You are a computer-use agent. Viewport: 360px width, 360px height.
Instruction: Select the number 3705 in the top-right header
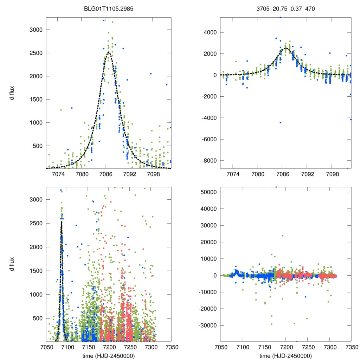(x=263, y=10)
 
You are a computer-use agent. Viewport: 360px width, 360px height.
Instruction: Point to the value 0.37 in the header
(x=295, y=10)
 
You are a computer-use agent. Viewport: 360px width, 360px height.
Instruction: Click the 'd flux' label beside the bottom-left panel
(x=12, y=264)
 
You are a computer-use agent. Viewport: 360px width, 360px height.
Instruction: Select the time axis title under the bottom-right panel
(x=285, y=355)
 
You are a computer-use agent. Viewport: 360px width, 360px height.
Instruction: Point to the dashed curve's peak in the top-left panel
(x=109, y=52)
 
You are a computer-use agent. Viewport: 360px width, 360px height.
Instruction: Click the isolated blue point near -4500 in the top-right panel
(x=281, y=122)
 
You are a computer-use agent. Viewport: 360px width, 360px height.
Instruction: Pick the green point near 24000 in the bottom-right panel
(x=282, y=236)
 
